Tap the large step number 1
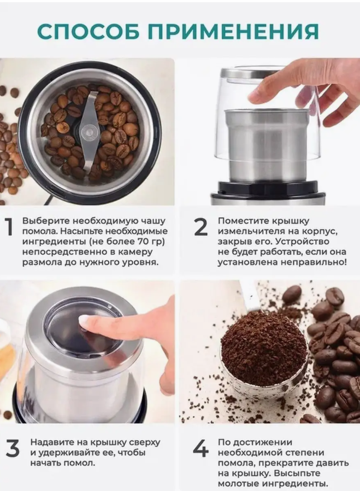click(9, 227)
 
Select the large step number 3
click(13, 448)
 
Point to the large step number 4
click(200, 448)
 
